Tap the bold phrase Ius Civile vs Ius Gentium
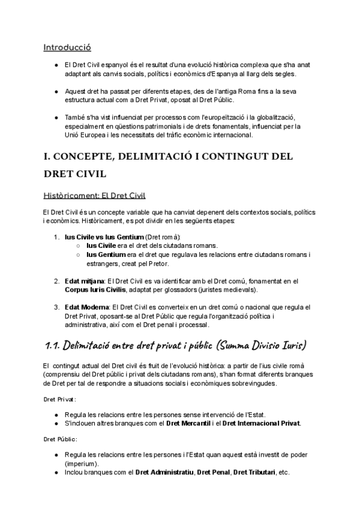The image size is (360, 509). tap(100, 237)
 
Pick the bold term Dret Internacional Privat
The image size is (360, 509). tap(261, 423)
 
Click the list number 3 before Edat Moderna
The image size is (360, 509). tap(56, 307)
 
